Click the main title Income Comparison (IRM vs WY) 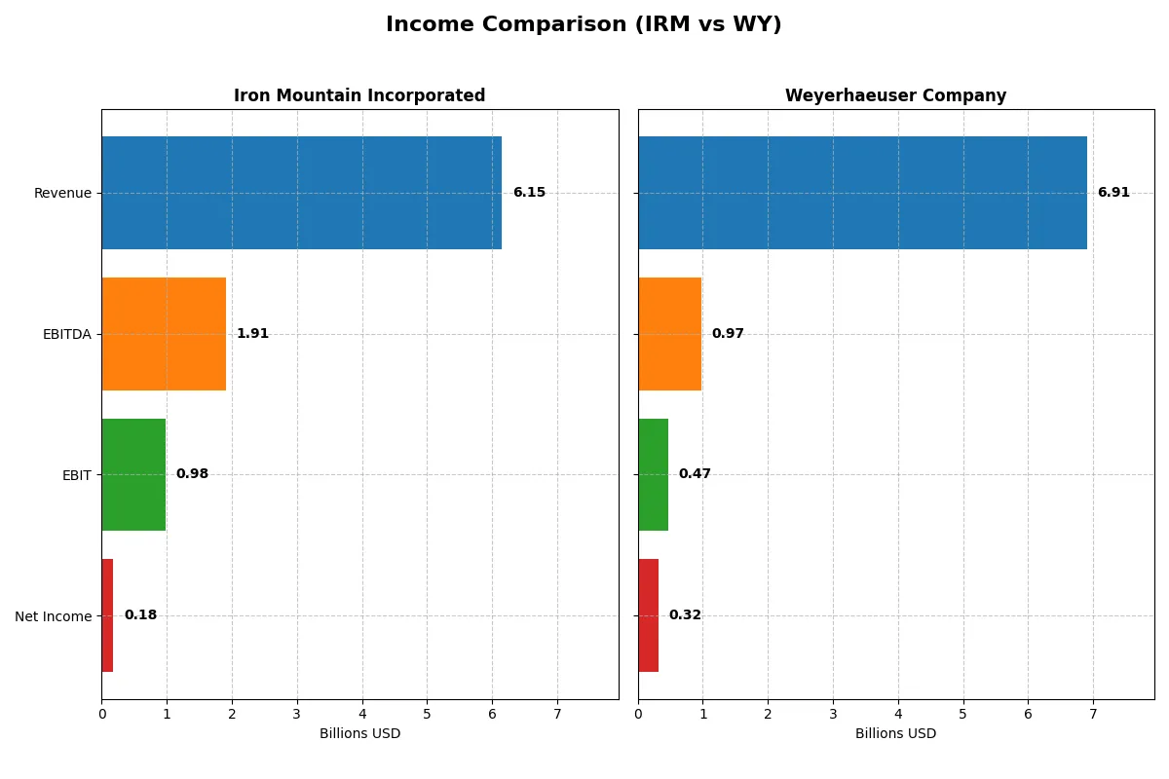(x=584, y=24)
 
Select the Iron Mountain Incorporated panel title (x=359, y=95)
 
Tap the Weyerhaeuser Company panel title (x=895, y=95)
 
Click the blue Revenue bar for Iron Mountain (x=301, y=193)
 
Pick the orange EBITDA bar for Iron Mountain (x=164, y=334)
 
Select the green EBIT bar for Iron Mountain (x=133, y=474)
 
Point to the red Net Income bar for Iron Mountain (x=107, y=615)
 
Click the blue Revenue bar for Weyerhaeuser (x=862, y=193)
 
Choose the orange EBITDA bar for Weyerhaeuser (x=669, y=334)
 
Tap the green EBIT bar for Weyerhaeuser (x=653, y=474)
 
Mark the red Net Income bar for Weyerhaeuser (x=648, y=615)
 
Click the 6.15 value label (x=529, y=193)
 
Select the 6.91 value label (x=1113, y=193)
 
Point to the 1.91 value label (x=252, y=334)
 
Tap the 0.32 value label (x=685, y=615)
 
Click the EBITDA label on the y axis (x=66, y=334)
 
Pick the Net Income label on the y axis (x=53, y=616)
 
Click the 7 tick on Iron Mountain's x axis (x=557, y=714)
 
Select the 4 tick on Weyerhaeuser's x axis (x=898, y=714)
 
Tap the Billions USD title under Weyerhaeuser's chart (x=895, y=733)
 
